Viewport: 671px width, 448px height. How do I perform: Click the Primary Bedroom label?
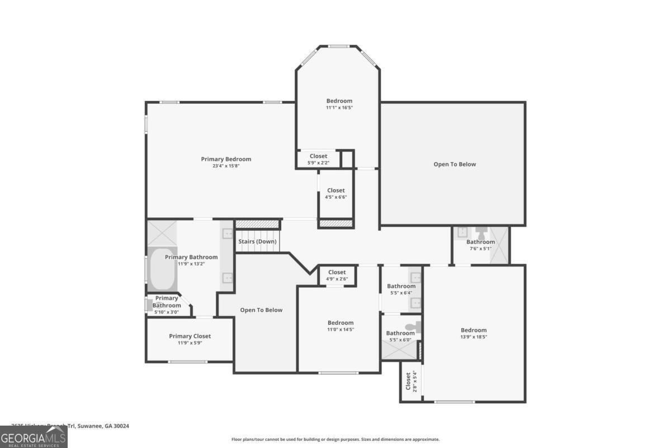[x=226, y=159]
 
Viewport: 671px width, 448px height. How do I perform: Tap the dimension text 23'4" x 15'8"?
[x=226, y=166]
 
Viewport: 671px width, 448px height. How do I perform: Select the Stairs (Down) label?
[x=257, y=241]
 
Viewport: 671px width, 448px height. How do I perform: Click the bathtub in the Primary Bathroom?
[x=162, y=270]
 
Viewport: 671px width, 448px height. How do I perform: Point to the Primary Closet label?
[x=190, y=336]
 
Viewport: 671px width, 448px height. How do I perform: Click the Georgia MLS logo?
[x=34, y=437]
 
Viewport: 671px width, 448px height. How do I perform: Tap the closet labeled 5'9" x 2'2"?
[x=318, y=159]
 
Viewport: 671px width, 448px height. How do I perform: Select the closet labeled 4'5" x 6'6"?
[x=336, y=193]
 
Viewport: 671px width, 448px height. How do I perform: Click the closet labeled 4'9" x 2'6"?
[x=337, y=276]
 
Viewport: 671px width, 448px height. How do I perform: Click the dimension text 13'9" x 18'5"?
[x=474, y=337]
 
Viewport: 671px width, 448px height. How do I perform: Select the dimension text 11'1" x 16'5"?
[x=339, y=108]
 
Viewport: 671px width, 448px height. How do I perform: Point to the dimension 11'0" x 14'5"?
[x=341, y=329]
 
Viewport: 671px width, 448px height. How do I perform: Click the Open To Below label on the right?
[x=455, y=164]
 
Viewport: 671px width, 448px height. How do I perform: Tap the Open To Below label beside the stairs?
[x=261, y=310]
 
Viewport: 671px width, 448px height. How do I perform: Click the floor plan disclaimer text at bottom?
[x=335, y=440]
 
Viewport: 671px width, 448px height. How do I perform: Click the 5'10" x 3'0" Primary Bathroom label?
[x=167, y=305]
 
